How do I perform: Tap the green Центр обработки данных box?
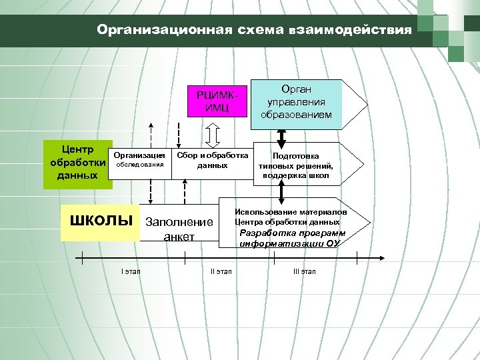(75, 164)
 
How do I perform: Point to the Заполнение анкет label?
(179, 229)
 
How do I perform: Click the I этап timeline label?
(131, 271)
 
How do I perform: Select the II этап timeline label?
(221, 271)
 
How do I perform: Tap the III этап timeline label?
(305, 271)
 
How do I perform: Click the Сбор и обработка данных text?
(212, 160)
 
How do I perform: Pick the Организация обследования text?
(140, 160)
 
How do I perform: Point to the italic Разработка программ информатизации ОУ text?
(293, 239)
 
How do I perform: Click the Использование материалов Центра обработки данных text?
(291, 217)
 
